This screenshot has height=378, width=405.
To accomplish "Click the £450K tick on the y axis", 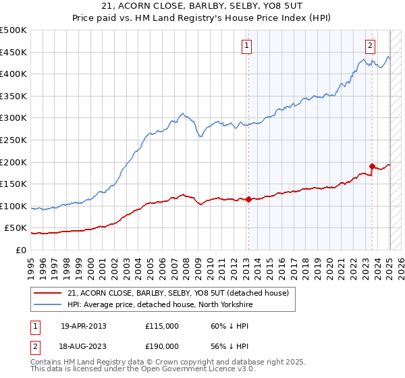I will coord(13,52).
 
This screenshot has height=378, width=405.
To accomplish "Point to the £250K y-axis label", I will coord(13,140).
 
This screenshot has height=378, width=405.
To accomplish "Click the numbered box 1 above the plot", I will coord(247,46).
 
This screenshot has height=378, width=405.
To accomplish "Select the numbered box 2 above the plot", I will coord(371,46).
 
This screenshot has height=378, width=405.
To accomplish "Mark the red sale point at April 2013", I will coord(248,199).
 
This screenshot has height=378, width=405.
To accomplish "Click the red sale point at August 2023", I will coord(372,165).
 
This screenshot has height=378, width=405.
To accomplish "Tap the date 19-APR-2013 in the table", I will coord(84,326).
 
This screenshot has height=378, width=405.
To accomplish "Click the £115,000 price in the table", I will coord(162,326).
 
